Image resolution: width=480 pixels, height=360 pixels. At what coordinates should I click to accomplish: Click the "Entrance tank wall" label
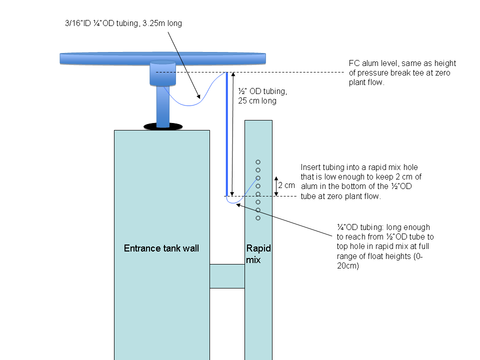(161, 248)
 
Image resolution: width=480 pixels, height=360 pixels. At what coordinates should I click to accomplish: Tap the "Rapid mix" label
(258, 254)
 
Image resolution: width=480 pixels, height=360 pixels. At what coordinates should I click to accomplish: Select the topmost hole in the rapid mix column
(258, 162)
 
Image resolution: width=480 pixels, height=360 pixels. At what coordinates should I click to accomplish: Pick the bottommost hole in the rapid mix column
(258, 218)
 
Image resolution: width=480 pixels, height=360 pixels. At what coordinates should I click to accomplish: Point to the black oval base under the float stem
(163, 126)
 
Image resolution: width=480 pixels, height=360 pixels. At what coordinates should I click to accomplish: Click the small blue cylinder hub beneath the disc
(162, 73)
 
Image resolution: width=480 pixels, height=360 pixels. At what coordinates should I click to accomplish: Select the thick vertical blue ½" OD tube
(227, 134)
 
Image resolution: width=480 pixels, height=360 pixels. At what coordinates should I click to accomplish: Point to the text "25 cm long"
(257, 100)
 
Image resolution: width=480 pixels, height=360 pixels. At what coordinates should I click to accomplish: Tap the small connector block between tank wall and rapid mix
(227, 276)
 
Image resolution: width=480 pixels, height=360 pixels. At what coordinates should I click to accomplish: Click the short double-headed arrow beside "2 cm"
(276, 186)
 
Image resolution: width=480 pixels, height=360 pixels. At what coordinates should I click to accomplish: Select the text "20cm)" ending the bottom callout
(348, 265)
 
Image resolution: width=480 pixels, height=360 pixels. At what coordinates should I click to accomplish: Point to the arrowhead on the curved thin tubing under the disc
(198, 96)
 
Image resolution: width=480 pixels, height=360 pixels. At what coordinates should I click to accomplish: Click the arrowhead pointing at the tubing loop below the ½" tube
(238, 205)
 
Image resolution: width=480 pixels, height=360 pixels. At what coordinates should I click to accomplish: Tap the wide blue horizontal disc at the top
(162, 58)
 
